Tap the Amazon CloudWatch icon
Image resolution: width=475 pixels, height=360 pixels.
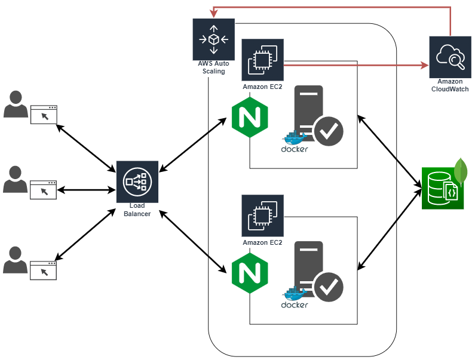point(450,57)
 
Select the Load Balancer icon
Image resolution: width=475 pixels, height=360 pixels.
point(137,182)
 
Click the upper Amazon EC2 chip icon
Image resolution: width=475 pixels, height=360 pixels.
point(262,60)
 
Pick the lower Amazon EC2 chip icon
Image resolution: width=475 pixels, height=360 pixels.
point(262,216)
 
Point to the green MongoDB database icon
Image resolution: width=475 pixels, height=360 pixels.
point(443,188)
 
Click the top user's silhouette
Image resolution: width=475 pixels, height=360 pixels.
point(15,104)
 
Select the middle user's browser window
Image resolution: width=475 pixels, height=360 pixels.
point(44,190)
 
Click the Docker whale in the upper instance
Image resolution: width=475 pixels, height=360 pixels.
point(295,137)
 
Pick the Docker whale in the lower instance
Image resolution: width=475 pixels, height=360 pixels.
point(295,293)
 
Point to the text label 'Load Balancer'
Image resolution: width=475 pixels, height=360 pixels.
point(137,210)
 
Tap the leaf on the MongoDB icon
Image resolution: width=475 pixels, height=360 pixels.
point(459,171)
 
